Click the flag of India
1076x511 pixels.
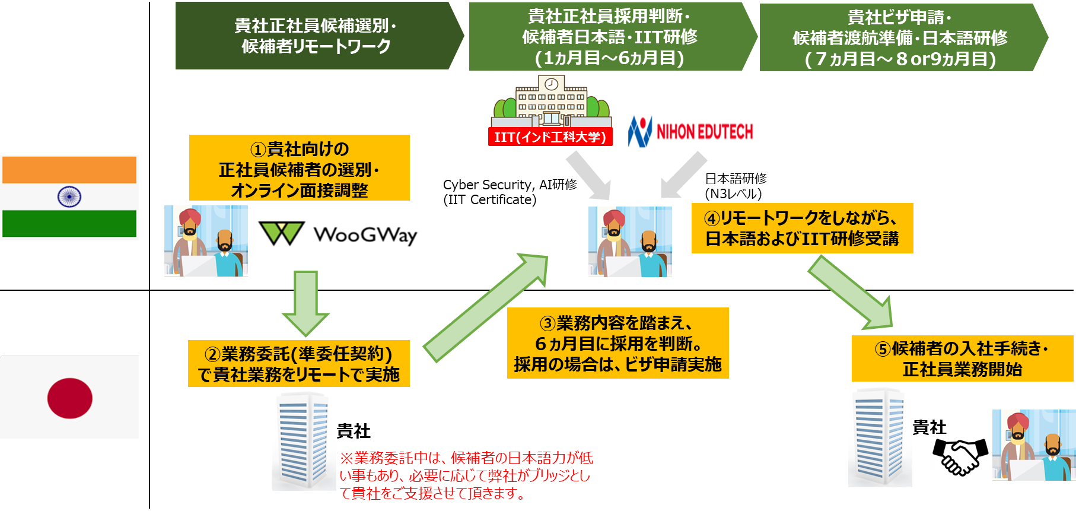(x=69, y=197)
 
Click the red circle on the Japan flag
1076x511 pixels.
(x=70, y=398)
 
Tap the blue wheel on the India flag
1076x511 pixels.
(x=69, y=196)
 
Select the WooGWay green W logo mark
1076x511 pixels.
(x=282, y=233)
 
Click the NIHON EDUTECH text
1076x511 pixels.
(x=704, y=132)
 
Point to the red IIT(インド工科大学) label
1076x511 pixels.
(x=550, y=137)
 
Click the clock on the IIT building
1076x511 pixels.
(x=551, y=84)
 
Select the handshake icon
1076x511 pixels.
(x=960, y=457)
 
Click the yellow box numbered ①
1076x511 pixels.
(x=299, y=169)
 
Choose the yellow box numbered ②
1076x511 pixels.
(x=298, y=364)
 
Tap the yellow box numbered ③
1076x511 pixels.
(x=617, y=343)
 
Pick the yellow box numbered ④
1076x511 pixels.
(x=802, y=228)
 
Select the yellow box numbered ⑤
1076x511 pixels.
(x=962, y=358)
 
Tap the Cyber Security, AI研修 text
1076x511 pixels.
(x=510, y=192)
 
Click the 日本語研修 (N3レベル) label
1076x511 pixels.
(x=735, y=186)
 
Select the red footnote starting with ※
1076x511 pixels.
(x=466, y=475)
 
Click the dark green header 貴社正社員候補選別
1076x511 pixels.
(x=316, y=36)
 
